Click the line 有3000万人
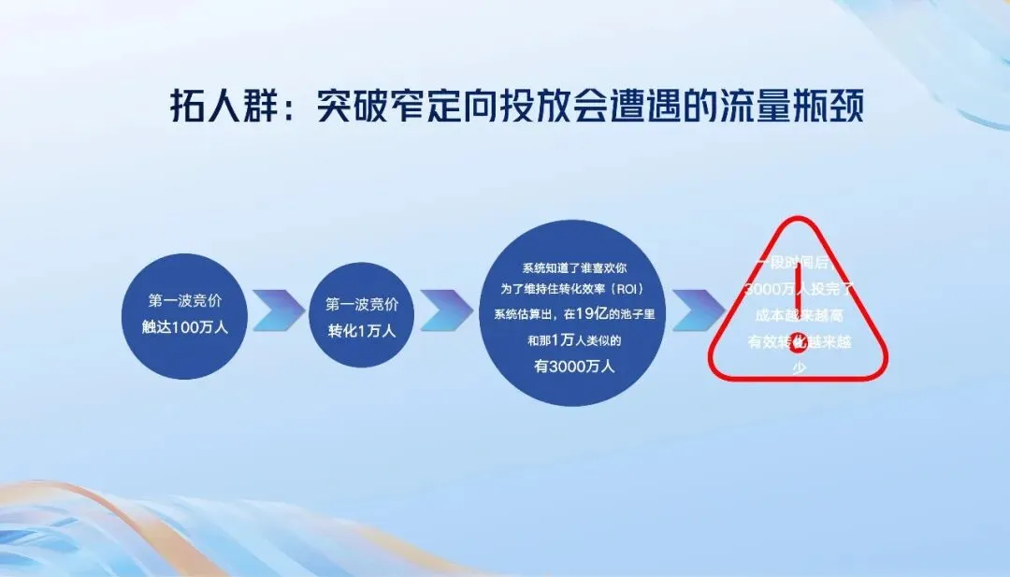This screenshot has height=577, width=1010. point(573,367)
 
